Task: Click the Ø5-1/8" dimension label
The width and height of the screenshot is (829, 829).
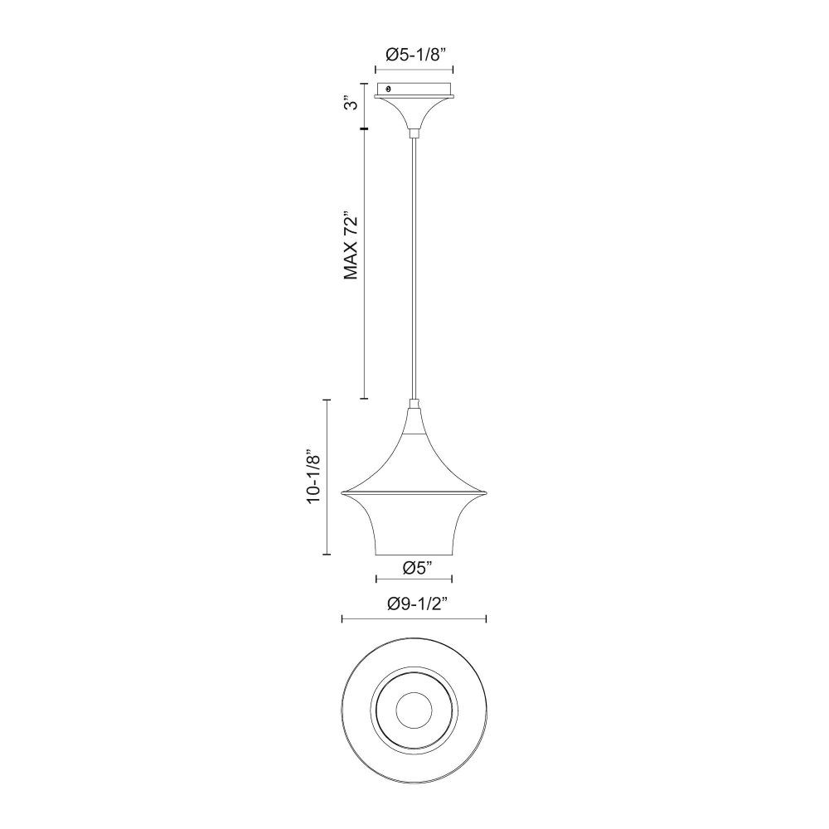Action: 414,55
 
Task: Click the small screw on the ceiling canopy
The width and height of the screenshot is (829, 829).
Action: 390,89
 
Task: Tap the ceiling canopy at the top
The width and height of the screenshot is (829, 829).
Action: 414,106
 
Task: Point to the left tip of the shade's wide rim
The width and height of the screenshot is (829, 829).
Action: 342,492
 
